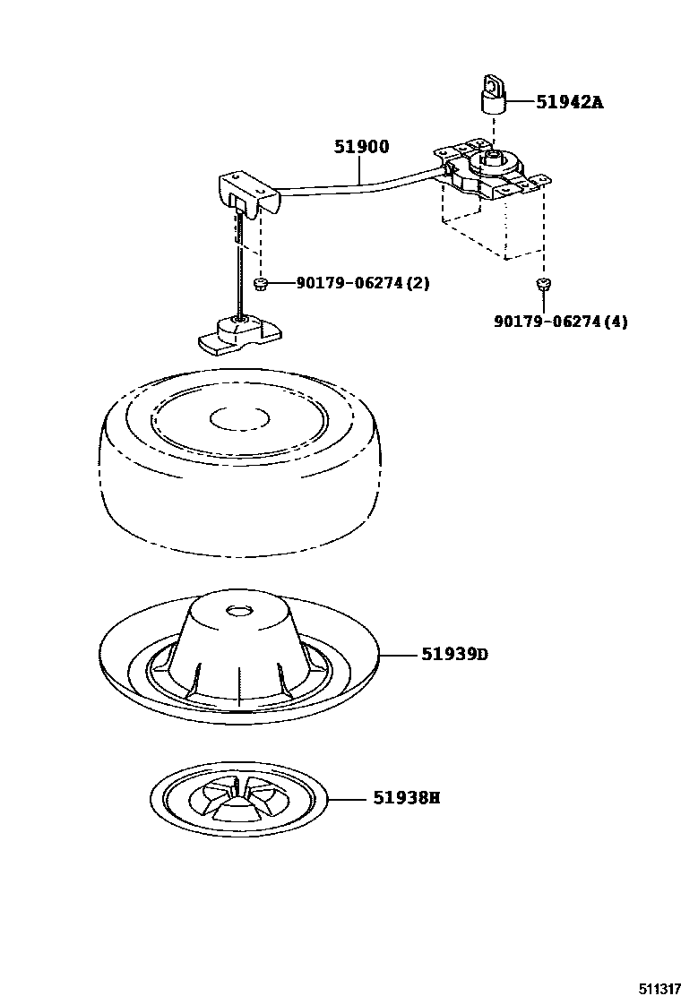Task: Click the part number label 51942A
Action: click(569, 102)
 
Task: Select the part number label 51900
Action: click(361, 148)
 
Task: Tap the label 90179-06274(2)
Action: click(363, 283)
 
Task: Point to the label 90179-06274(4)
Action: click(560, 322)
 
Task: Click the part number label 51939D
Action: click(454, 655)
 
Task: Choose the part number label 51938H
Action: click(406, 797)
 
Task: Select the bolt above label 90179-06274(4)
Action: click(542, 285)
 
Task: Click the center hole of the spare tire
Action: click(239, 418)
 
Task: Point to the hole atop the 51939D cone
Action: click(239, 611)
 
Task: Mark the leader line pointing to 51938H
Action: click(349, 797)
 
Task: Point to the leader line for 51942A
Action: click(520, 102)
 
